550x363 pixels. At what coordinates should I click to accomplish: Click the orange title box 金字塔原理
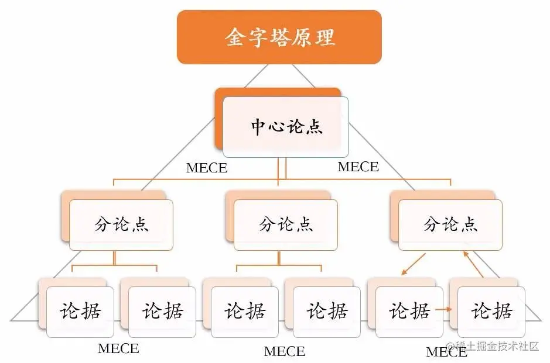(x=279, y=37)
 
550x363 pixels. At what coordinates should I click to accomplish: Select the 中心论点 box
(x=286, y=127)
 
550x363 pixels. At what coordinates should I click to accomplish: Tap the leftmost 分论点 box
(x=121, y=224)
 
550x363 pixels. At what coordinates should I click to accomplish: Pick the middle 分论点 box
(x=286, y=224)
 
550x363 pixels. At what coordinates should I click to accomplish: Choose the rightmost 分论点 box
(x=450, y=224)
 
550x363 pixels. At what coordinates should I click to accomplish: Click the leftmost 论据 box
(x=80, y=312)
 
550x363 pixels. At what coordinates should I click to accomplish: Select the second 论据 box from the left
(x=163, y=312)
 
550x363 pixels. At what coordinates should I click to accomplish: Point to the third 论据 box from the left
(x=245, y=312)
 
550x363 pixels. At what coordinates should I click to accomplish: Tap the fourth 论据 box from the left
(x=327, y=312)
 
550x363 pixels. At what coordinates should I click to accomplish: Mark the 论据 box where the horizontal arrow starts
(x=409, y=312)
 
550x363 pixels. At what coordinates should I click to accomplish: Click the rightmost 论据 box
(x=492, y=312)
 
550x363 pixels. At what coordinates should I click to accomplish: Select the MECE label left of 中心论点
(x=207, y=168)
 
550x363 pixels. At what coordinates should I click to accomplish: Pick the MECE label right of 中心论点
(x=358, y=167)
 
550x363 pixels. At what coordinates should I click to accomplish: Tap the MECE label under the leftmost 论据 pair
(x=118, y=349)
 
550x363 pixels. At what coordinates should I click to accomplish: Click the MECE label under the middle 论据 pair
(x=285, y=351)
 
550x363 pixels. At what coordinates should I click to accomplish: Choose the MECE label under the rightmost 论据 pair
(x=446, y=352)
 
